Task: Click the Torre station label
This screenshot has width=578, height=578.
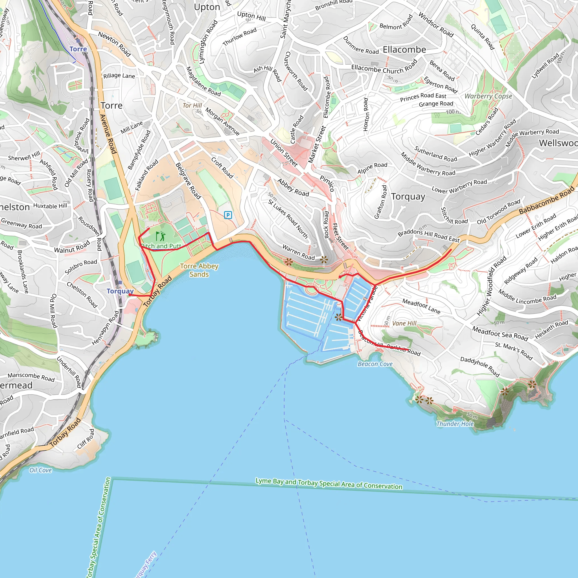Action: pos(78,49)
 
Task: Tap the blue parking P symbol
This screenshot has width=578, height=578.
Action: pos(228,215)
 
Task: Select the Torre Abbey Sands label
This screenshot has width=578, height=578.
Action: pos(199,270)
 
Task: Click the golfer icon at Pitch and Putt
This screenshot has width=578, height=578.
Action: pos(161,236)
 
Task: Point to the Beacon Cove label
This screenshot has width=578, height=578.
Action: pos(375,364)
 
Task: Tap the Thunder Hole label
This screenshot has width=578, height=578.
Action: pos(455,424)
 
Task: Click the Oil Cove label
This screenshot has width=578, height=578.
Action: pos(40,470)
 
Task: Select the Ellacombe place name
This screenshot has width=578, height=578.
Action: pos(404,50)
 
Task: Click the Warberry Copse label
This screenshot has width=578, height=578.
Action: pos(488,96)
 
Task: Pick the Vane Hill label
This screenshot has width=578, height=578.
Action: pos(404,323)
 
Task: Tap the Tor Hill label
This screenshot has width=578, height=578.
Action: pos(192,106)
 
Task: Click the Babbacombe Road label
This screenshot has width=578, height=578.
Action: pos(547,200)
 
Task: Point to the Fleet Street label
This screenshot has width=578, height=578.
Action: pos(340,236)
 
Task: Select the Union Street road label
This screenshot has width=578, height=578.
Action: pos(284,153)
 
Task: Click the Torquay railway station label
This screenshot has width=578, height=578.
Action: pos(120,291)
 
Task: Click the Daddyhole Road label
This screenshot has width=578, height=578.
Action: pos(480,367)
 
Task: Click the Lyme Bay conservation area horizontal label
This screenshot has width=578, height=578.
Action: pos(329,484)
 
